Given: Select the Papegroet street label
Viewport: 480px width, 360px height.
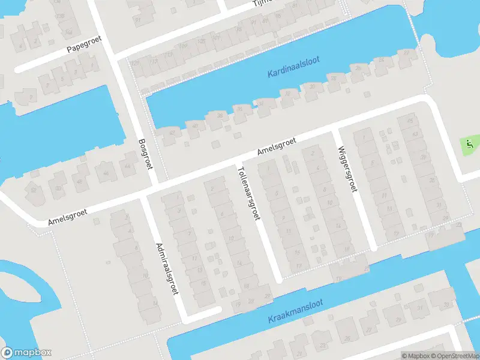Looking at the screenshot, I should (85, 44).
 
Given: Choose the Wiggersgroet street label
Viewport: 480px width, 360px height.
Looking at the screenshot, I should (347, 169).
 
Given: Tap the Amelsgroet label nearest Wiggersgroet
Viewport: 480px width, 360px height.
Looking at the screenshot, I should (277, 146).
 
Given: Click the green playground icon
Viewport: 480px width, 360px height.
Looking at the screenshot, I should (469, 144).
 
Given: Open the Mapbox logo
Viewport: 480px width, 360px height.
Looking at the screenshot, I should (26, 353).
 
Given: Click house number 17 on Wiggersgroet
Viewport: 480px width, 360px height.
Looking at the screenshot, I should (396, 234).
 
